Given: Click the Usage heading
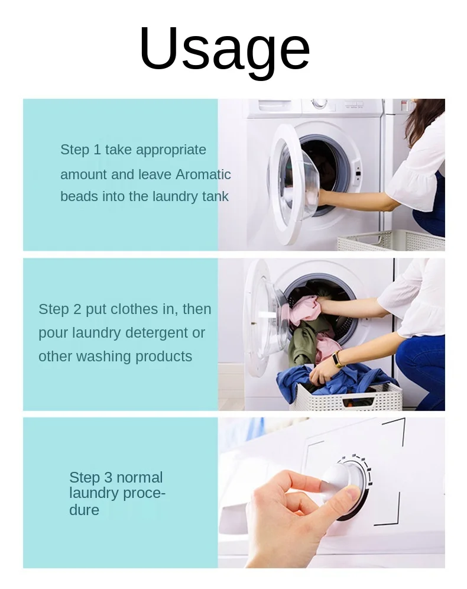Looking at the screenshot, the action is coord(225,51).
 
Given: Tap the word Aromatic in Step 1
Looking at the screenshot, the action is coord(203,174).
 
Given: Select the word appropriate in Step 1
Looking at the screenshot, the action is coord(171,150).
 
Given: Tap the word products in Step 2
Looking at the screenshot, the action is coord(164,357).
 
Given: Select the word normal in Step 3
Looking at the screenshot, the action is coord(140,477).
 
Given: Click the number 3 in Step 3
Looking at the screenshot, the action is coord(108,477).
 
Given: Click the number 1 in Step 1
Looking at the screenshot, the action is coord(97,150).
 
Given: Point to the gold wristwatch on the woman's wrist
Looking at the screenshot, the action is coord(339,359).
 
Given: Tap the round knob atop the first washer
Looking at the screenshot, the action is coord(319,103).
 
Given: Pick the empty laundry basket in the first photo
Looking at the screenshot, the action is coord(391,241).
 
